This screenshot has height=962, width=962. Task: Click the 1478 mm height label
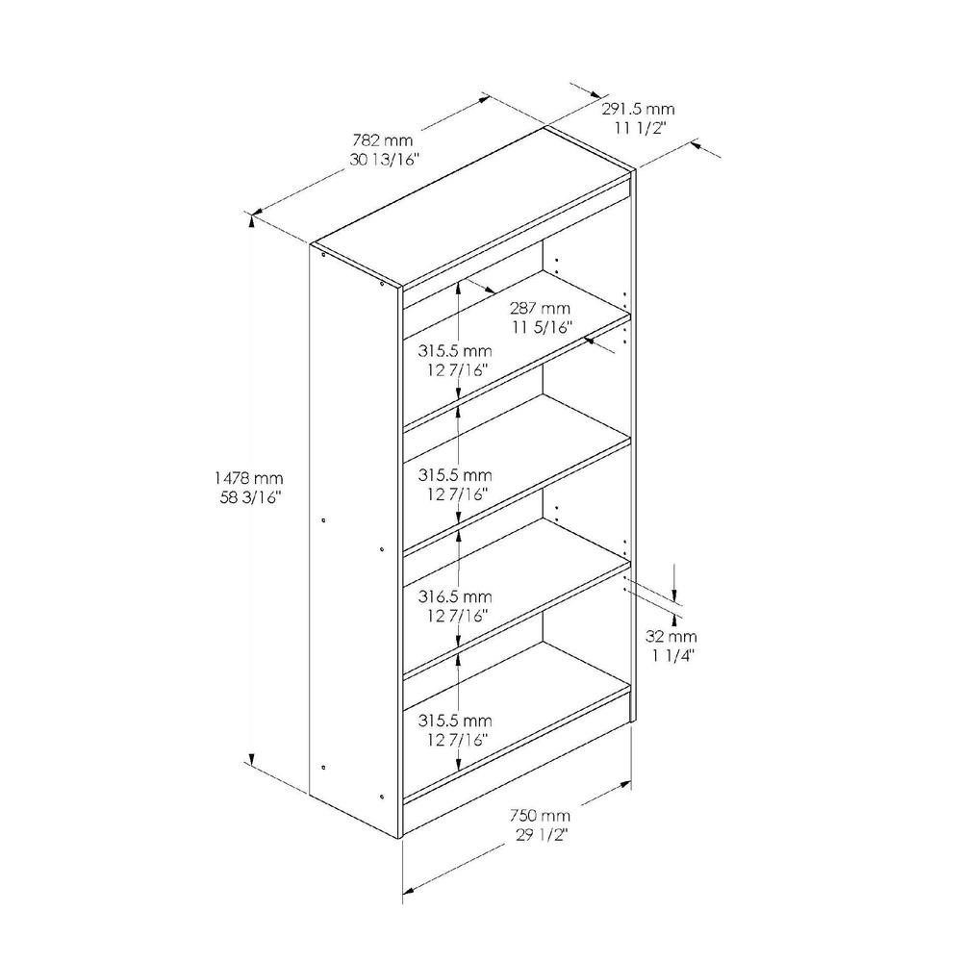coord(248,477)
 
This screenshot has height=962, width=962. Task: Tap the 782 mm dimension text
coord(382,140)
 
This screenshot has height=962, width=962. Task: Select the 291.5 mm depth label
coord(638,110)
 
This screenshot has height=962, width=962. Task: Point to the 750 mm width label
coord(540,816)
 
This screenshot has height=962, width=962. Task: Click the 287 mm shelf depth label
coord(540,308)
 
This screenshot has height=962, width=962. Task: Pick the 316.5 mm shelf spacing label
coord(455,596)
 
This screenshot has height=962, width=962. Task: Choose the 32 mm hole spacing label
coord(671,636)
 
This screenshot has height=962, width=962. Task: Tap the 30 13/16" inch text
coord(384,160)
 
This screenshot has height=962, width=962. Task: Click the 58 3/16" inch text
coord(250,497)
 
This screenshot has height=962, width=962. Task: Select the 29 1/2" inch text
coord(542,835)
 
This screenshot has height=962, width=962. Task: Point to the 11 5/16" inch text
coord(543,327)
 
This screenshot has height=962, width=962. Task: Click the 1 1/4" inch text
coord(672,656)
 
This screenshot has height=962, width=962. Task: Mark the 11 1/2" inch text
coord(641,128)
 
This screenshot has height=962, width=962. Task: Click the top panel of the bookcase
coord(471,207)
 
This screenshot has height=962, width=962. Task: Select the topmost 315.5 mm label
coord(455,351)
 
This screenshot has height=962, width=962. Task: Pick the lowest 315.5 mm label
coord(455,721)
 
